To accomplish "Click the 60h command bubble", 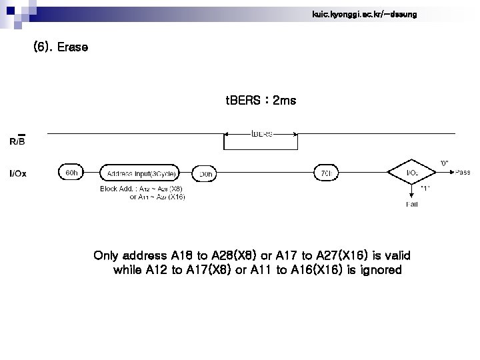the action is pyautogui.click(x=71, y=173).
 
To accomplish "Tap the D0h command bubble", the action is pyautogui.click(x=206, y=174).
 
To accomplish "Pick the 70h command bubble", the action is pyautogui.click(x=326, y=173).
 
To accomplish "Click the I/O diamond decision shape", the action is pyautogui.click(x=413, y=173).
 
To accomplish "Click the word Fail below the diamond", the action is pyautogui.click(x=412, y=204).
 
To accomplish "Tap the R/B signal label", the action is pyautogui.click(x=17, y=141).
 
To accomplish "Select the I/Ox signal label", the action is pyautogui.click(x=18, y=173).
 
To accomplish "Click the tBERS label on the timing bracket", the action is pyautogui.click(x=261, y=133).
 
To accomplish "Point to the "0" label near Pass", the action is pyautogui.click(x=445, y=162).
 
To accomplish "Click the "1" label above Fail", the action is pyautogui.click(x=425, y=189).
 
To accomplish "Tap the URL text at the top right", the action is pyautogui.click(x=364, y=14).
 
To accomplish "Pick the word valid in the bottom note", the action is pyautogui.click(x=396, y=255).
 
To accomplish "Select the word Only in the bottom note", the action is pyautogui.click(x=106, y=255).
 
